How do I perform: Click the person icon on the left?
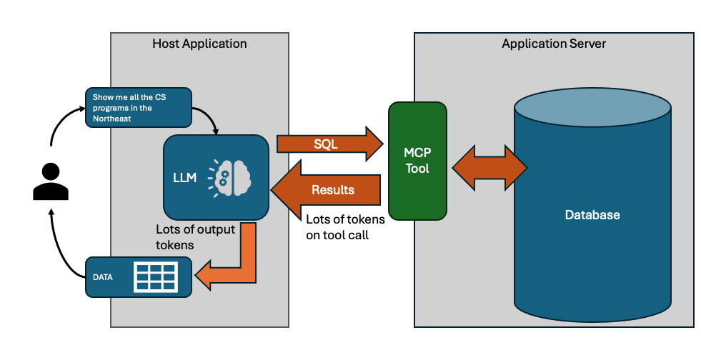point(51,181)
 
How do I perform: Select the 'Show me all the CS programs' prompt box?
point(138,108)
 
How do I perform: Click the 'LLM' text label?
point(184,177)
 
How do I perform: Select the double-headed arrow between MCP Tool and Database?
point(487,169)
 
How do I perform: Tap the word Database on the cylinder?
point(592,214)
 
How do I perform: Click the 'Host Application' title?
point(199,44)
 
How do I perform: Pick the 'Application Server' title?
point(554,44)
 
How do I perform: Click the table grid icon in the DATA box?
point(156,276)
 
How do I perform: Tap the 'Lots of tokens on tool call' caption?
point(345,227)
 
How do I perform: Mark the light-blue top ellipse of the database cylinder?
point(592,108)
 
